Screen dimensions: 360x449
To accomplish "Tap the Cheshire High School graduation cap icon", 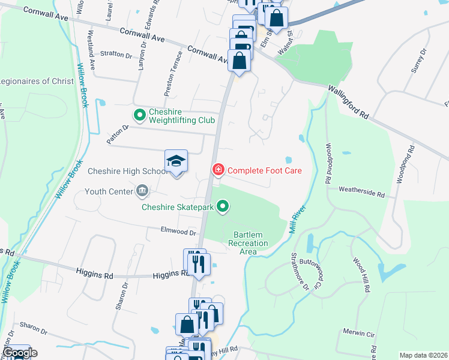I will pos(176,161).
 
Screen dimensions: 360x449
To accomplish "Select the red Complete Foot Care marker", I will pos(218,170).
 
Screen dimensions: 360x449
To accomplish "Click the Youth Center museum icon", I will pos(142,191).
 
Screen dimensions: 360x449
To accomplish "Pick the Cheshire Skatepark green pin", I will pos(223,208).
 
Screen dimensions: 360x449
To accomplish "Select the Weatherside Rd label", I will pos(361,193).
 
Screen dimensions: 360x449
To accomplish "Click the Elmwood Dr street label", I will pos(179,231).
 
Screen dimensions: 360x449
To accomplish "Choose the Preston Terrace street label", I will pos(173,77).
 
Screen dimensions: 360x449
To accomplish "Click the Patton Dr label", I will pos(118,134).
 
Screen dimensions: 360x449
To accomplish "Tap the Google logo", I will pos(19,353).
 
